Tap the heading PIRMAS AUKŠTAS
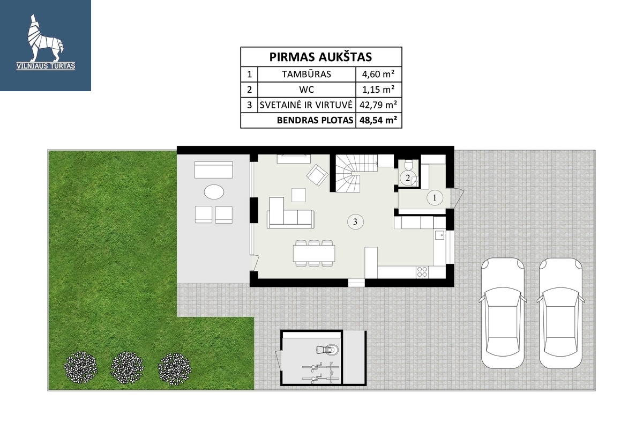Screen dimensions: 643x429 320,57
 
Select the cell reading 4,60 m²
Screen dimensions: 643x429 378,74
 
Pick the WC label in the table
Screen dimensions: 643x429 306,90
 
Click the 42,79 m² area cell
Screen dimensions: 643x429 378,105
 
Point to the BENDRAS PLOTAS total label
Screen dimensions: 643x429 315,120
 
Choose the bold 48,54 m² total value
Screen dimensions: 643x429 378,120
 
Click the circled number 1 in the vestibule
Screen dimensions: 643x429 435,198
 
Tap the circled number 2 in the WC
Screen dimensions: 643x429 408,178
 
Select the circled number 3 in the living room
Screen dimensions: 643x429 355,222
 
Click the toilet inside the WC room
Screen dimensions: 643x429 408,165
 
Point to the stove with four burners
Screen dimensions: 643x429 422,272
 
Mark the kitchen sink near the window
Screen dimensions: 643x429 439,235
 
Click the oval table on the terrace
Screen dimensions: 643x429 214,191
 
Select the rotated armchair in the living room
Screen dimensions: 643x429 317,175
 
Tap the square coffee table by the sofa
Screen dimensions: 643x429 298,195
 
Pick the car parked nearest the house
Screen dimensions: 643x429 503,313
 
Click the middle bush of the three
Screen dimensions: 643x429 127,368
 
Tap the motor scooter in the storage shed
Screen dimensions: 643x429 327,350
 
